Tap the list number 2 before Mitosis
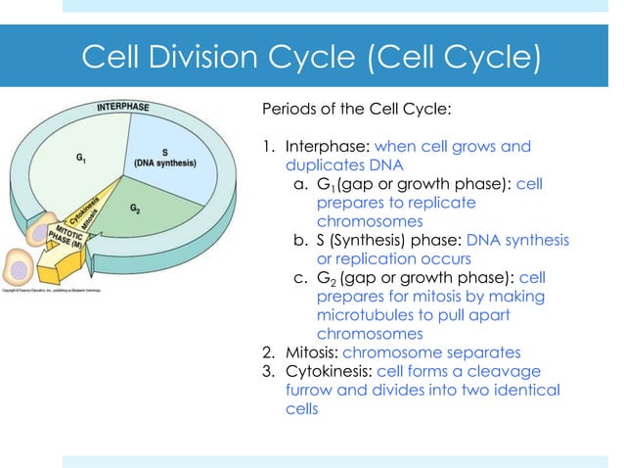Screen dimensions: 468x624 [264, 351]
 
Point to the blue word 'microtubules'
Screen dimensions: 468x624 [365, 314]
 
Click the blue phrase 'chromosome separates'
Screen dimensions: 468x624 [436, 351]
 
